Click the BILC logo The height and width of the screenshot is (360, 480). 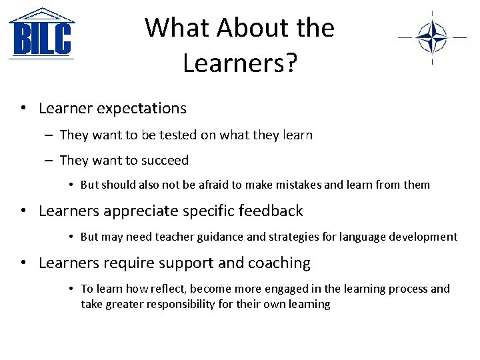[41, 34]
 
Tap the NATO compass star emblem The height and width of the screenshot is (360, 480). [432, 37]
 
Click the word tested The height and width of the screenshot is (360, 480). [179, 135]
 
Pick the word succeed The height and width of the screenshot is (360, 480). [164, 160]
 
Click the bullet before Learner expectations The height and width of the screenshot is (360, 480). [23, 108]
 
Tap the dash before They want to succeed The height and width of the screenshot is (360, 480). [50, 160]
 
